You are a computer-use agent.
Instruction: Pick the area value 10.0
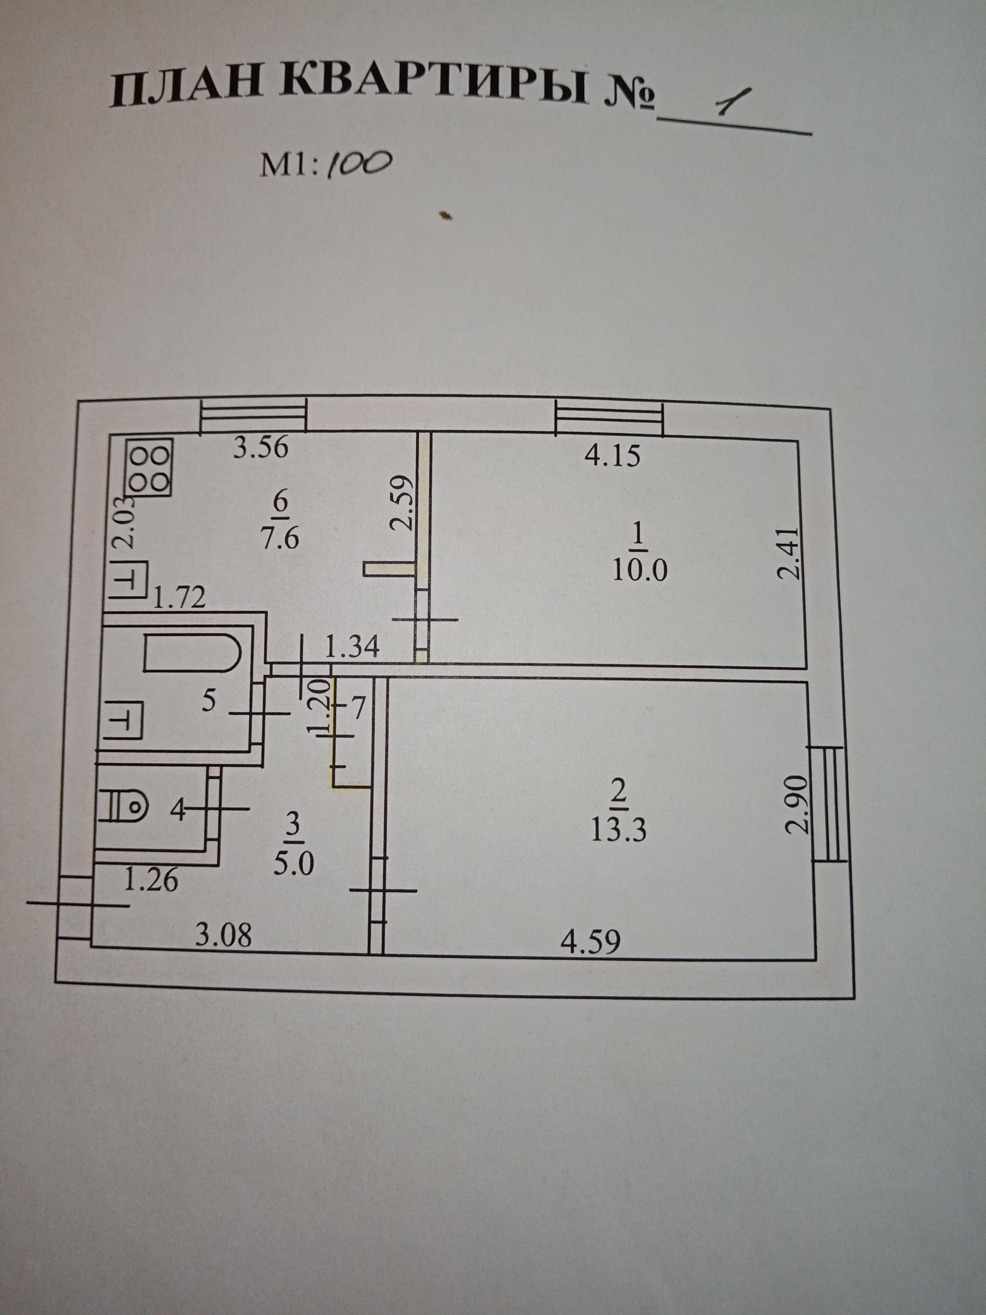[640, 571]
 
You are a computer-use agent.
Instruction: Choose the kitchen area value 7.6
[279, 539]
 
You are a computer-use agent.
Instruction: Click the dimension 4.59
[590, 941]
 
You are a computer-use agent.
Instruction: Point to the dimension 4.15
[612, 455]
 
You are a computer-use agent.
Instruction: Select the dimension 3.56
[260, 448]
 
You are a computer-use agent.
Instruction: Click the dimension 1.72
[179, 597]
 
